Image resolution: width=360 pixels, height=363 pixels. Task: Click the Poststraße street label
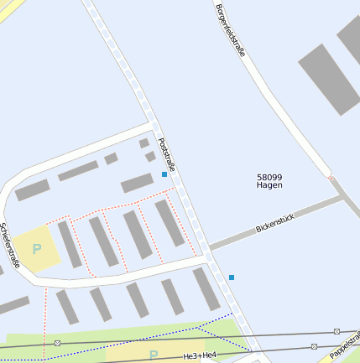pos(166,155)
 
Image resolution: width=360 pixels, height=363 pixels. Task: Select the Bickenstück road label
pos(275,221)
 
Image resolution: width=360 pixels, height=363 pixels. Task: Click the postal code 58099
pos(269,176)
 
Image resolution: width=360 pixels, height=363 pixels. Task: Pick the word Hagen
pos(269,185)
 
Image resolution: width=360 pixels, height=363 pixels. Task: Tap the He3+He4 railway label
pos(200,356)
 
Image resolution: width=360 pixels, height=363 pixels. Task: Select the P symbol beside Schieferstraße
pos(37,249)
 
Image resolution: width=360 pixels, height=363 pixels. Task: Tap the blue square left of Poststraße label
pos(164,174)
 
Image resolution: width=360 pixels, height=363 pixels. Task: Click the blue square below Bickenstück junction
pos(232,277)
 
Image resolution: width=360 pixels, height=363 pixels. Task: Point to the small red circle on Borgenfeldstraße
pos(331,178)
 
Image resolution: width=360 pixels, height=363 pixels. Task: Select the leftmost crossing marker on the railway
pos(57,344)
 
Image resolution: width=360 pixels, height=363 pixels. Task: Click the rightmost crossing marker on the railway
pos(337,332)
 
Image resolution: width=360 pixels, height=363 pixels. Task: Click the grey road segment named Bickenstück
pos(252,235)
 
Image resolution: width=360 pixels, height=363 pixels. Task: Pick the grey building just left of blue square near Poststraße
pos(137,184)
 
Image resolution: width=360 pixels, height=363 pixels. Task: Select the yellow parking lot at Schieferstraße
pos(35,249)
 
